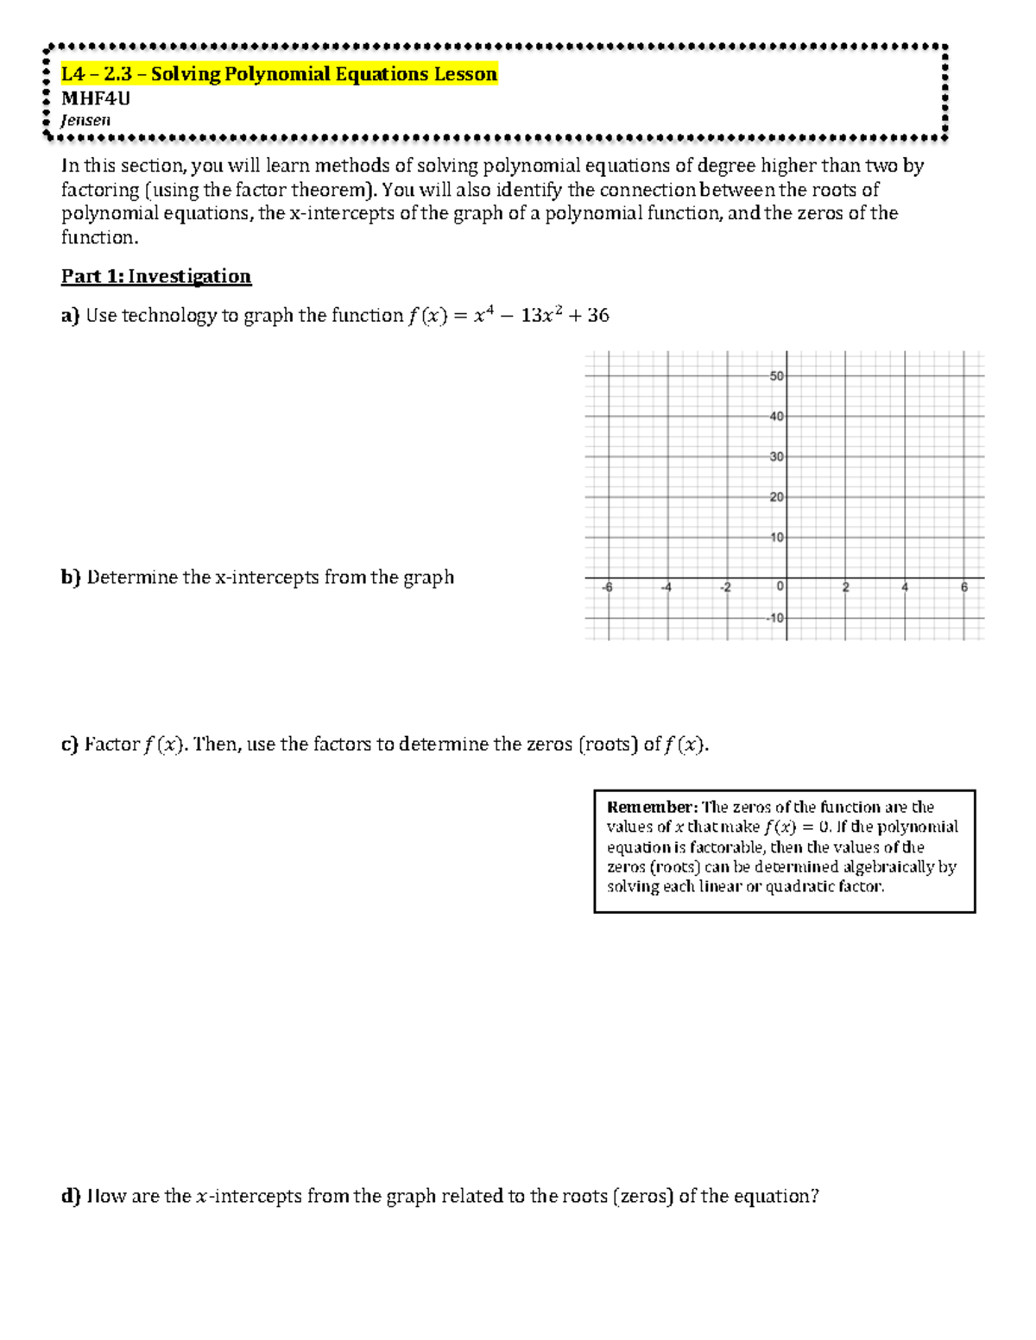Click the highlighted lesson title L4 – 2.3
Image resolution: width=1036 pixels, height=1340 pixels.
pyautogui.click(x=278, y=74)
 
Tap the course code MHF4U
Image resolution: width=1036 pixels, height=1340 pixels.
pyautogui.click(x=96, y=98)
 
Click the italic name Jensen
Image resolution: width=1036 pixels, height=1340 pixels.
pyautogui.click(x=85, y=120)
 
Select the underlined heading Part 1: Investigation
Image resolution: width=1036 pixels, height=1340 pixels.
pyautogui.click(x=155, y=276)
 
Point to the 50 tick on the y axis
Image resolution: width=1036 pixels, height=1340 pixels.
pyautogui.click(x=776, y=376)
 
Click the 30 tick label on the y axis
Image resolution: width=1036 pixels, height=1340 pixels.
pyautogui.click(x=776, y=456)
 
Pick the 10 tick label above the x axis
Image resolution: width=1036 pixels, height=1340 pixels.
pyautogui.click(x=776, y=538)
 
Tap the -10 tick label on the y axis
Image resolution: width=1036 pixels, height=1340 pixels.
pyautogui.click(x=774, y=618)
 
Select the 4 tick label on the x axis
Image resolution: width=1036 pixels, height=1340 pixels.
pyautogui.click(x=905, y=588)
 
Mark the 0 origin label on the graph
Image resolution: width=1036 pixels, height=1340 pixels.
pyautogui.click(x=780, y=587)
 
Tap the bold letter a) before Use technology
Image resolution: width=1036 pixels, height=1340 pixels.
pyautogui.click(x=70, y=316)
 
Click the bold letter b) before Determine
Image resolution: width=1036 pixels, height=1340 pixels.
pyautogui.click(x=71, y=577)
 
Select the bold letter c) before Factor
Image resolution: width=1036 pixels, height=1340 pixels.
pyautogui.click(x=70, y=745)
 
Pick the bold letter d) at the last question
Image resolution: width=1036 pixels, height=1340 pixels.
pyautogui.click(x=71, y=1197)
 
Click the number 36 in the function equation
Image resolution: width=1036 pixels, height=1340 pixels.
pyautogui.click(x=597, y=316)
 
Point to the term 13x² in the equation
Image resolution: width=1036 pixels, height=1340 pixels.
pyautogui.click(x=542, y=316)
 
